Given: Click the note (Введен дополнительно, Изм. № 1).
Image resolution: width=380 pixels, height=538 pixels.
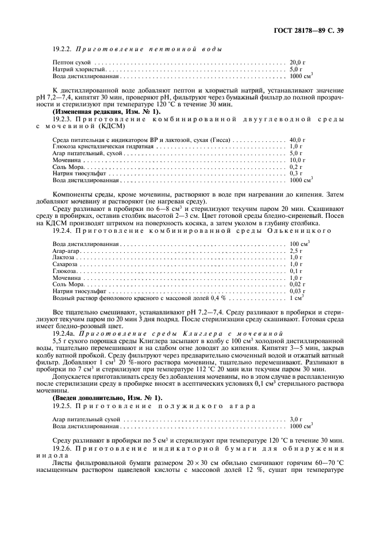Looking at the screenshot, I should (99, 398).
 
